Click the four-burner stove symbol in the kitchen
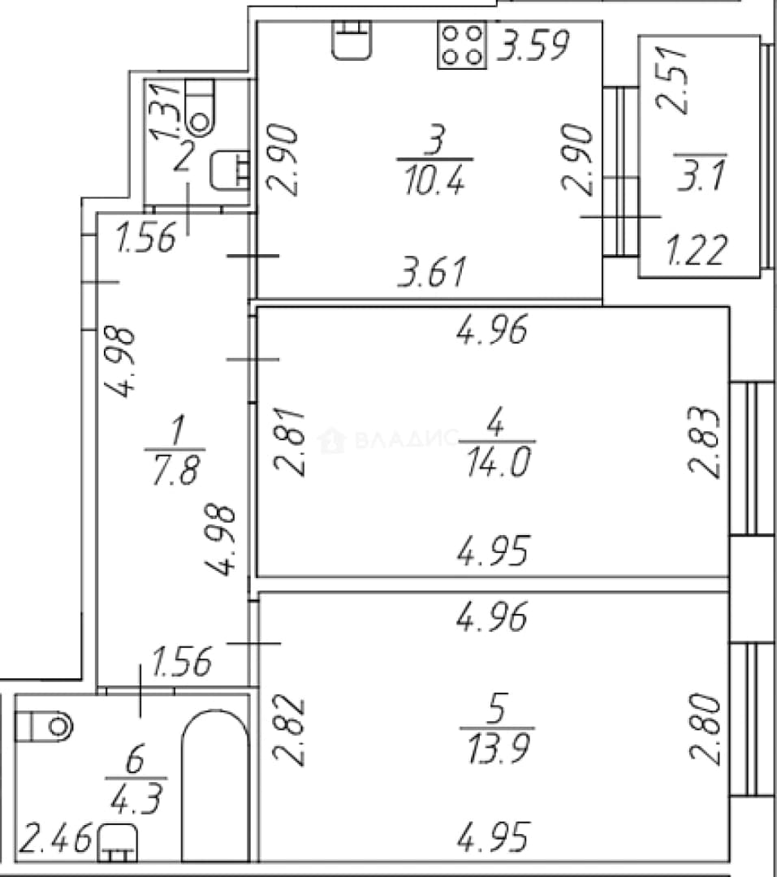pos(461,45)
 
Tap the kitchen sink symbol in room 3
pos(352,40)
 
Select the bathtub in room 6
pos(215,785)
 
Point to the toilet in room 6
pos(44,727)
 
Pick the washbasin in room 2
pos(230,170)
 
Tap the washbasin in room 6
pos(118,843)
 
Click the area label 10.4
pos(434,180)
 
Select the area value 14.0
pos(498,463)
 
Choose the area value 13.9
pos(498,749)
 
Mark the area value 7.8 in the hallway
pos(175,469)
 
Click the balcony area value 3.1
pos(701,175)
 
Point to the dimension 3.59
pos(533,45)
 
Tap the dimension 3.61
pos(431,272)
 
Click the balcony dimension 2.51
pos(671,80)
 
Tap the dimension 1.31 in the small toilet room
pos(166,110)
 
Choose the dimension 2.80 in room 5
pos(704,728)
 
